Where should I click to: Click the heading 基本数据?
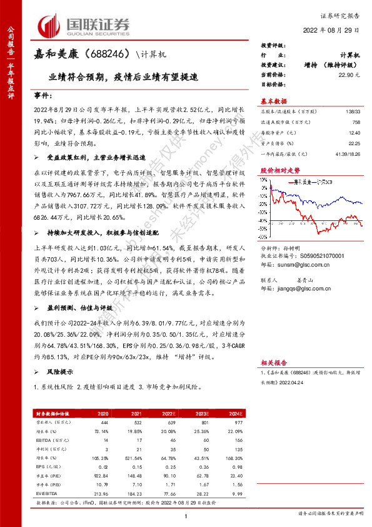[274, 101]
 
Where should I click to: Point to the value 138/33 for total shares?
[353, 110]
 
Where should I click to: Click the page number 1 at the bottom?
[186, 515]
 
